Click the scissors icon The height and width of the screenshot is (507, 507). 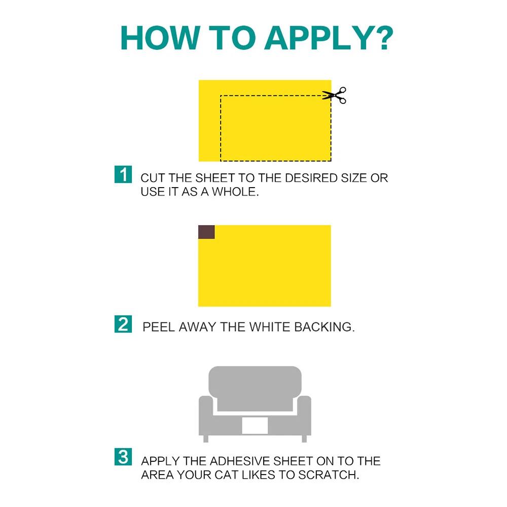tap(334, 95)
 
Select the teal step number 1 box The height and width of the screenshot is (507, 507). tap(123, 174)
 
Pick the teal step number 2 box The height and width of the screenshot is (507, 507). tap(123, 324)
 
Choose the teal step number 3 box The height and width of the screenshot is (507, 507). tap(123, 457)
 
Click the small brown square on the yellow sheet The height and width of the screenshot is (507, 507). tap(206, 232)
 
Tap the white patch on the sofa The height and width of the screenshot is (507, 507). tap(255, 425)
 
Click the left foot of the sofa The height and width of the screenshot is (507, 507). tap(206, 439)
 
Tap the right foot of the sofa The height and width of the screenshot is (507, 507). tap(304, 439)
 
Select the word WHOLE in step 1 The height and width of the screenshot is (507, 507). tap(235, 192)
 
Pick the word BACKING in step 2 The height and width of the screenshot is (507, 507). tap(324, 327)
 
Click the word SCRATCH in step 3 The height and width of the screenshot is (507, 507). tap(329, 475)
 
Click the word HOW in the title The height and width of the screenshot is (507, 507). tap(160, 38)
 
